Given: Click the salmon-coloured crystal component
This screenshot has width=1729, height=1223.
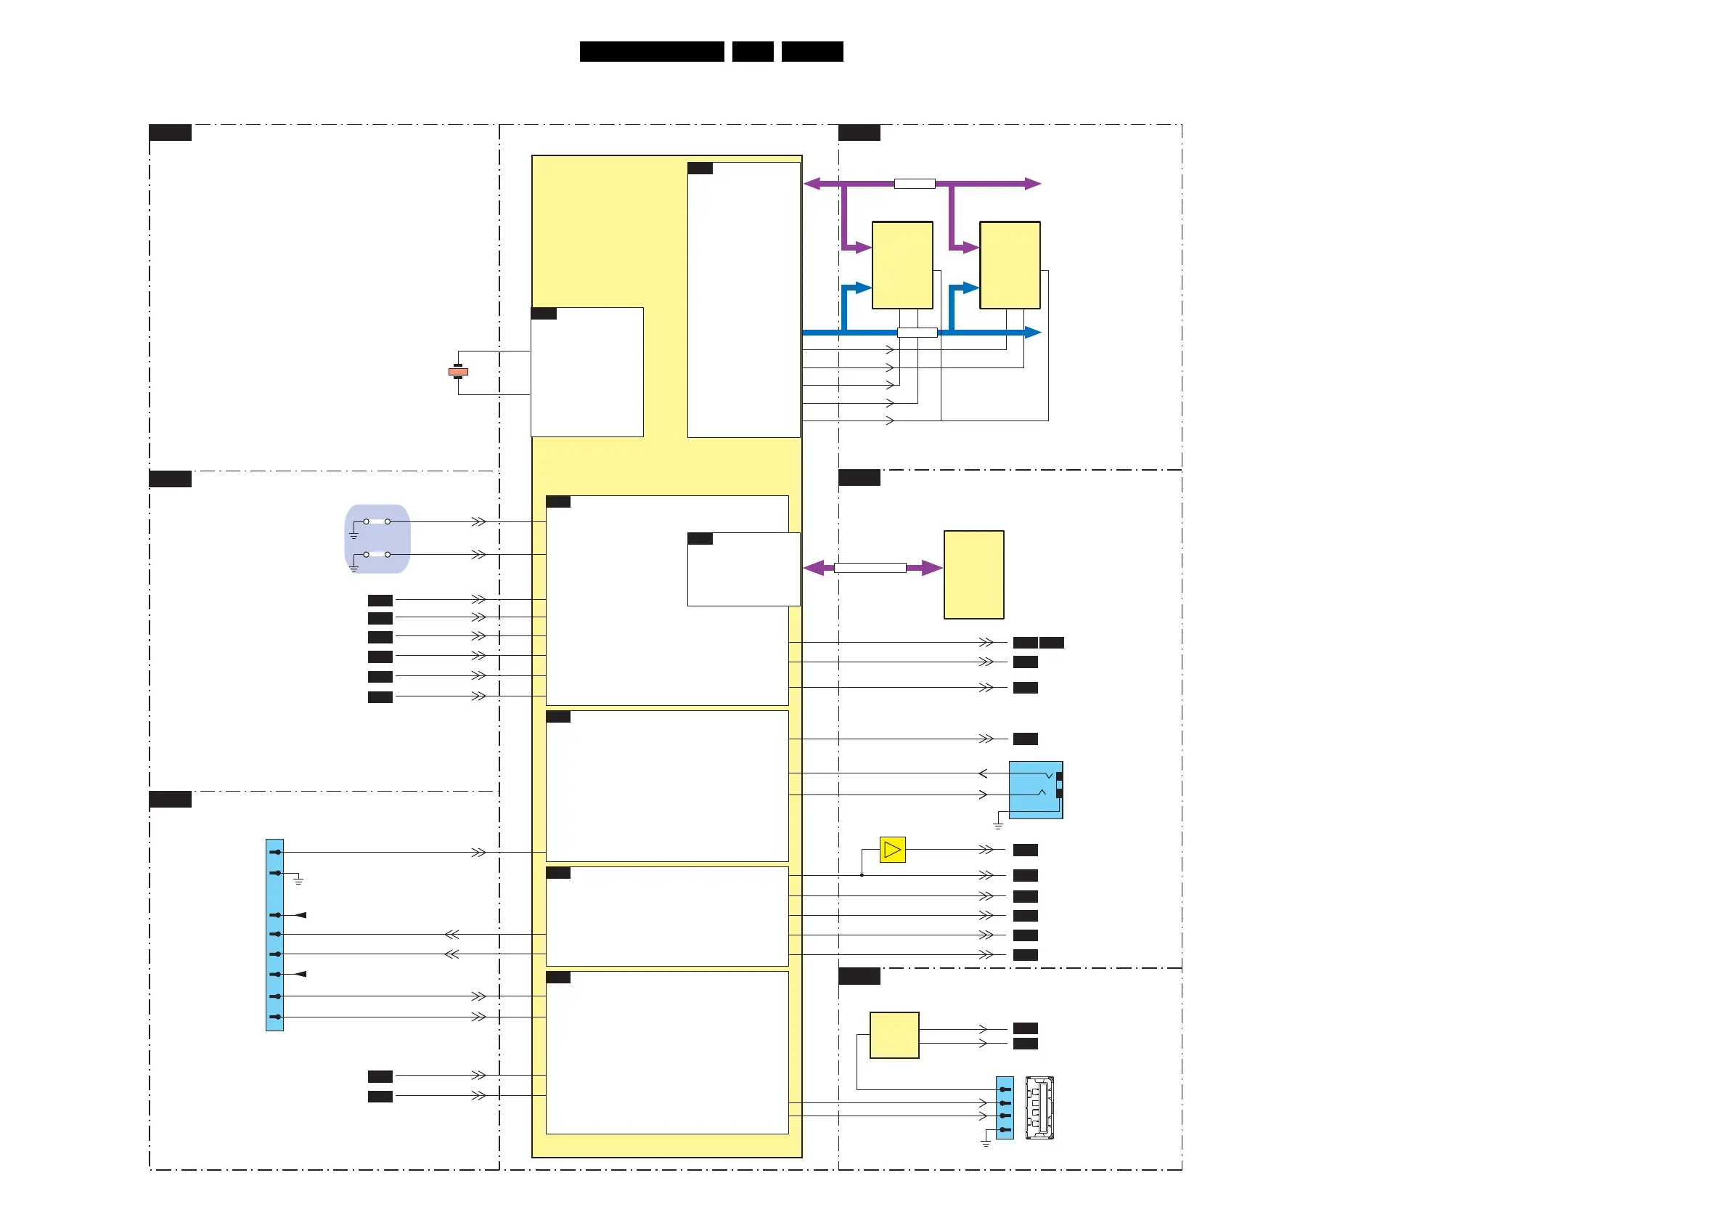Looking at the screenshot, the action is (458, 372).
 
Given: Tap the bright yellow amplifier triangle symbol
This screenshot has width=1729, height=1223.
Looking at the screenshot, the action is (892, 850).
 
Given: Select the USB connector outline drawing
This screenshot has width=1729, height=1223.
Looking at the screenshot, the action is (1039, 1108).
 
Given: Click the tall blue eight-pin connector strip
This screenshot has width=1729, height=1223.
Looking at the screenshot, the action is (275, 935).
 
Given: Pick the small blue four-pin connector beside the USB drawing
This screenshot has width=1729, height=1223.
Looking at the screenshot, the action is (1005, 1108).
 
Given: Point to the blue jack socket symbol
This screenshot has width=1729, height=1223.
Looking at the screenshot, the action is (1036, 789).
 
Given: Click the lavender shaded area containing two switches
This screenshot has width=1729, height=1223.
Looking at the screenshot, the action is (377, 539).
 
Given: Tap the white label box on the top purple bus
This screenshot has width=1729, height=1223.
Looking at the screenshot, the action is (914, 183).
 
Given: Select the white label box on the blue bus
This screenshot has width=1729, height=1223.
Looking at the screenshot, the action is (917, 333).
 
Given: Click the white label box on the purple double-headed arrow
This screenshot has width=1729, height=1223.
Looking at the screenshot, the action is (870, 568).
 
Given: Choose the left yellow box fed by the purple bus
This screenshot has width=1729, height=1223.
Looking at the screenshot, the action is (902, 265).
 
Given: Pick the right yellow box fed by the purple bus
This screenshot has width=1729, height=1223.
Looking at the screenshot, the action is (1010, 265).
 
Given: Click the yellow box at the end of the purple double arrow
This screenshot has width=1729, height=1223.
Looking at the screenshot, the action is (973, 575).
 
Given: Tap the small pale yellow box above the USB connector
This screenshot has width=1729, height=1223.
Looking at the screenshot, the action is (894, 1036).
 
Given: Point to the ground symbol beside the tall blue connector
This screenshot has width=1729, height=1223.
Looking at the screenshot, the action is (298, 880).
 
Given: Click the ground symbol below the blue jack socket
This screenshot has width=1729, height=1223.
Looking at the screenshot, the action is (998, 826).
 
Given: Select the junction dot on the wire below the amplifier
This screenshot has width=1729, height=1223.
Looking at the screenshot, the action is (862, 876).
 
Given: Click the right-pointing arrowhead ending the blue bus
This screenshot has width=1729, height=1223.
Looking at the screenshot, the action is (1033, 333).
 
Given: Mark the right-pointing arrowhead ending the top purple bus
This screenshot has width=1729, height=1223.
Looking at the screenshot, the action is (1033, 183).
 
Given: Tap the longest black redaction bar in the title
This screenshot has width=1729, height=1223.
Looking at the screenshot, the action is (651, 52).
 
